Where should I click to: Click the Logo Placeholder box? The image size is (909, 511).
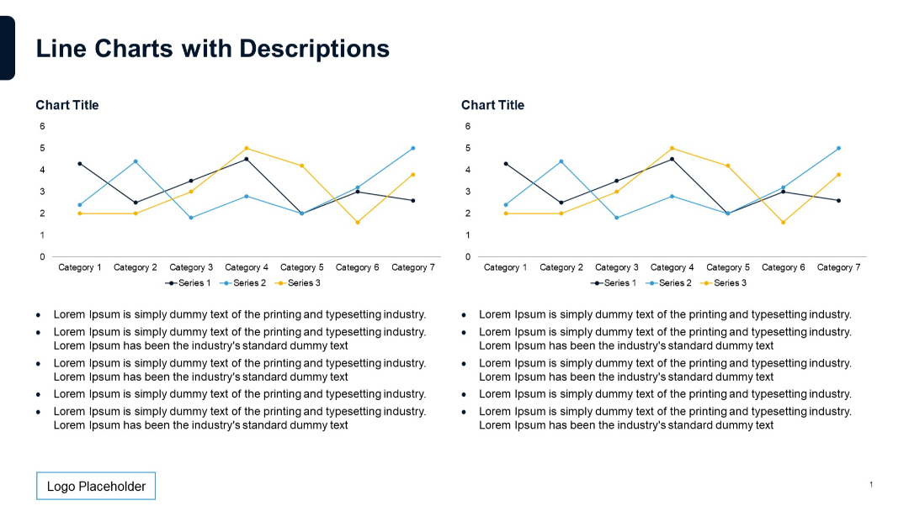[x=96, y=486]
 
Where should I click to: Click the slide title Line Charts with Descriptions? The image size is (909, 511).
[x=212, y=49]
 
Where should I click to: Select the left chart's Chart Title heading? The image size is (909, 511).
[x=67, y=105]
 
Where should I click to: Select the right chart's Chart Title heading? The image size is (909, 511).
[x=492, y=105]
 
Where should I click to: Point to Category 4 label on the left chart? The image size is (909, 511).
[x=247, y=267]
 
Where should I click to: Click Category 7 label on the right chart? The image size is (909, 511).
[x=838, y=267]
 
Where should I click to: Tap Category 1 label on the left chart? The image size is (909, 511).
[x=80, y=267]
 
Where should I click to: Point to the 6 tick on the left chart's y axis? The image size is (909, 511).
[x=42, y=126]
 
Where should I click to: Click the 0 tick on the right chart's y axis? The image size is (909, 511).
[x=468, y=256]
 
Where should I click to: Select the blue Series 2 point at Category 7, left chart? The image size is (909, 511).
[x=412, y=148]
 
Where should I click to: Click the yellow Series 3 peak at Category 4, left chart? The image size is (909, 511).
[x=246, y=148]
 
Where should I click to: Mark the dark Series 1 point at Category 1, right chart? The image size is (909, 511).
[x=505, y=163]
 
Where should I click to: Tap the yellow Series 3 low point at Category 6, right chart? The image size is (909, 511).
[x=783, y=222]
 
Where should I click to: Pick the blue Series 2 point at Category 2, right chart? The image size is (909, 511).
[x=561, y=161]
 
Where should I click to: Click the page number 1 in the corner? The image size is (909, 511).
[x=871, y=484]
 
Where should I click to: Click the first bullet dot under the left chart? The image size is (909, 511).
[x=39, y=315]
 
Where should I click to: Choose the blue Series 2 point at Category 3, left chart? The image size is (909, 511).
[x=191, y=218]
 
